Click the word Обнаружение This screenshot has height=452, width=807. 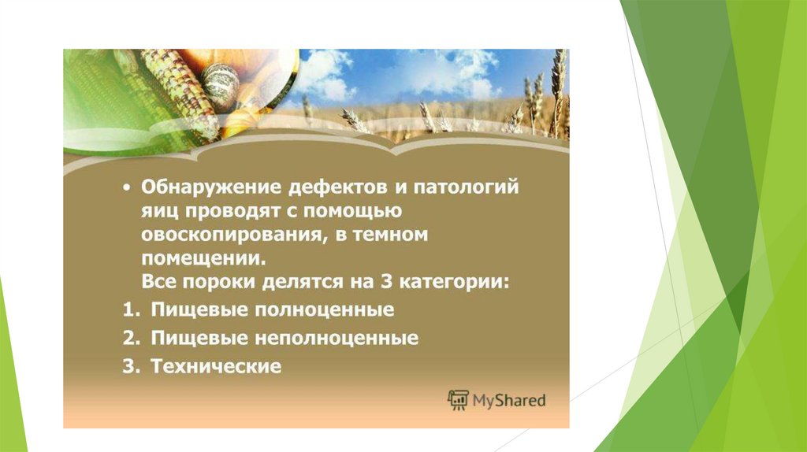[x=211, y=187]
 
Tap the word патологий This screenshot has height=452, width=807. [x=467, y=187]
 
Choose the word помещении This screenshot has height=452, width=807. [x=204, y=258]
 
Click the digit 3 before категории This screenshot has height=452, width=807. [x=386, y=282]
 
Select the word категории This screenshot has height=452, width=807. [x=454, y=283]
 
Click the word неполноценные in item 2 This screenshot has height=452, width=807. [x=337, y=339]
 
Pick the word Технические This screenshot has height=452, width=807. [x=216, y=366]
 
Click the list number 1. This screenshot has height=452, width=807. [x=131, y=309]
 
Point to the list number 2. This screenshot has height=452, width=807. [x=131, y=338]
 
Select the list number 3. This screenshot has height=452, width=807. [x=131, y=366]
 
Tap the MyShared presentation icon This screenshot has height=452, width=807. [x=458, y=399]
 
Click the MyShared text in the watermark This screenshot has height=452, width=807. [x=508, y=400]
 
